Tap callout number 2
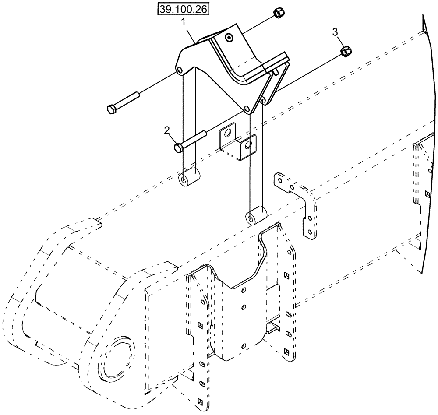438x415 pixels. tap(167, 130)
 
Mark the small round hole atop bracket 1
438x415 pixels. tap(228, 38)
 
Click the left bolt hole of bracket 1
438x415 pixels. tap(179, 70)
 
